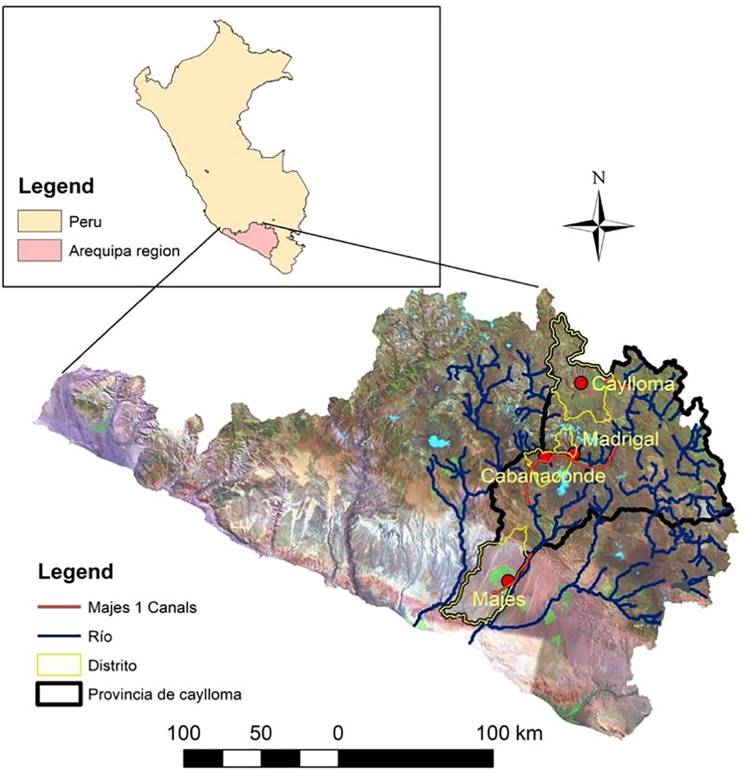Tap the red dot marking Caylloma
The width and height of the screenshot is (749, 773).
(581, 383)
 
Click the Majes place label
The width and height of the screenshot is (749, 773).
(498, 600)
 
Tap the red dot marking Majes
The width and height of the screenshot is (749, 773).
(508, 581)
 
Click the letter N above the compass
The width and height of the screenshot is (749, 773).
(599, 177)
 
